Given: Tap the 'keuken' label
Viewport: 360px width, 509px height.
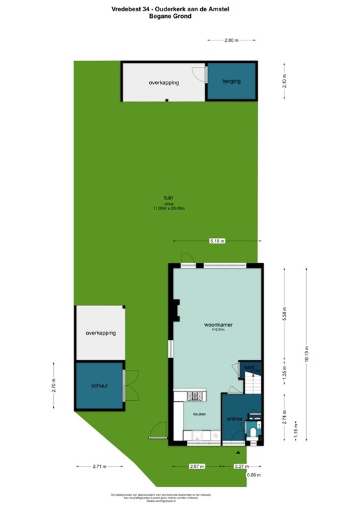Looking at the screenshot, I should [x=200, y=414].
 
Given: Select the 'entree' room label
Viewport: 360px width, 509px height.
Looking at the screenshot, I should [x=235, y=418].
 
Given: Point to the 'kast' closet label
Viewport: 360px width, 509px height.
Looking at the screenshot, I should [x=249, y=367].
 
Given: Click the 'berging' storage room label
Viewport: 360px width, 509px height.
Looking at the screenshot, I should [x=231, y=82].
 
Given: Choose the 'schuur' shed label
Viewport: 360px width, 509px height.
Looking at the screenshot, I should [x=100, y=385].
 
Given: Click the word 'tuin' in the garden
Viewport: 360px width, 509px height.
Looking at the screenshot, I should [x=169, y=198].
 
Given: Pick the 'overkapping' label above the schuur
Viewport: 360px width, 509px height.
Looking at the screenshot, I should [x=101, y=333].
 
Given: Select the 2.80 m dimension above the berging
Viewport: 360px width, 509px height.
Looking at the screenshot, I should [x=231, y=40].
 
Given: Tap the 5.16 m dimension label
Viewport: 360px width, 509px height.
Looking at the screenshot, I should [x=217, y=241].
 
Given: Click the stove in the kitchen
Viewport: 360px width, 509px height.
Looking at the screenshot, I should [x=196, y=397].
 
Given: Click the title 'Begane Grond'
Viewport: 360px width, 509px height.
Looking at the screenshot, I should [x=179, y=16].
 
